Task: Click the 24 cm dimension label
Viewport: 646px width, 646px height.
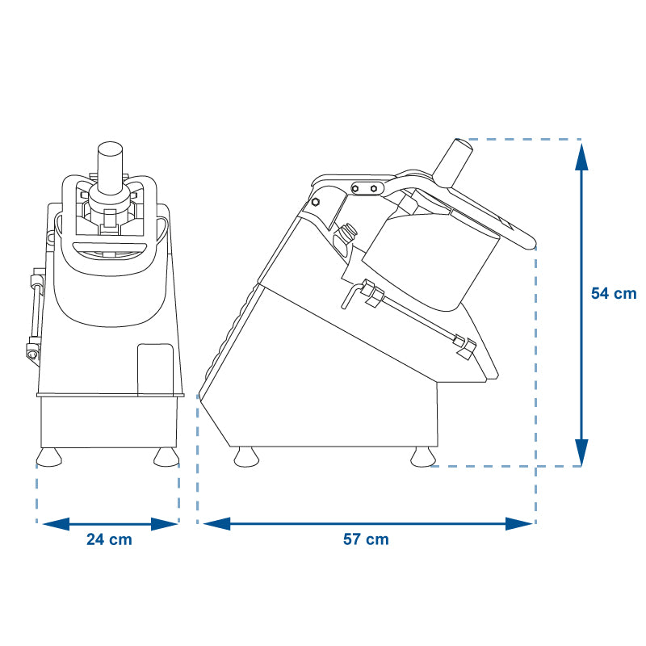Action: point(109,539)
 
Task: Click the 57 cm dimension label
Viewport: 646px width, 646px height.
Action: point(366,539)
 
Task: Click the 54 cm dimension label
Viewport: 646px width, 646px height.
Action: point(614,293)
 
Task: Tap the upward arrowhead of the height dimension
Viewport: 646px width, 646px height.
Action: point(581,157)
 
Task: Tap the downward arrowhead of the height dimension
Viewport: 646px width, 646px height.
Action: point(581,452)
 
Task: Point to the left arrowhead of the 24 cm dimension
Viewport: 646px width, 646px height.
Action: point(56,524)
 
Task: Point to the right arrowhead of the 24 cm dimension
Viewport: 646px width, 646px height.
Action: point(164,524)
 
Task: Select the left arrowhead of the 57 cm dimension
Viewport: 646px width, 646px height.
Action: point(216,523)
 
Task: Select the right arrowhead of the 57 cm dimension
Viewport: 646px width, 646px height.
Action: point(518,523)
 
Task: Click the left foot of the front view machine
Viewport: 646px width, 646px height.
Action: point(49,457)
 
